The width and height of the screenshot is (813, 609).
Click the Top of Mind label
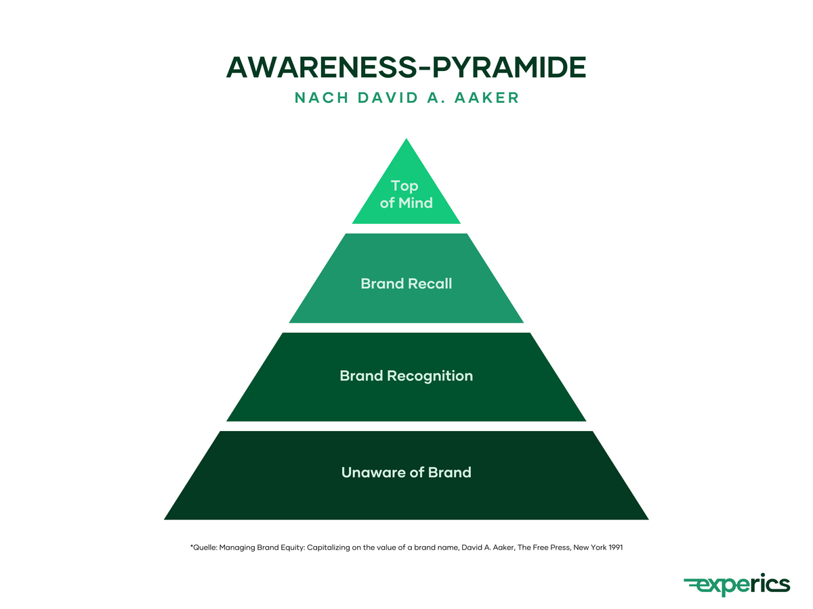click(x=406, y=194)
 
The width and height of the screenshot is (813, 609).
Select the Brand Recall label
click(x=406, y=284)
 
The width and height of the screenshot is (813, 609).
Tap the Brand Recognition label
click(x=406, y=376)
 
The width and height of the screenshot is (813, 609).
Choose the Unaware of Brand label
click(x=406, y=472)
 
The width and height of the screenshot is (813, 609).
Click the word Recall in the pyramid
click(x=430, y=284)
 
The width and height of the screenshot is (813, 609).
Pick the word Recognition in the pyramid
click(x=430, y=376)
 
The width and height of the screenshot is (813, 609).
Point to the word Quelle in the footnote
click(x=205, y=547)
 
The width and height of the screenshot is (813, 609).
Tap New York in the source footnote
click(x=585, y=547)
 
